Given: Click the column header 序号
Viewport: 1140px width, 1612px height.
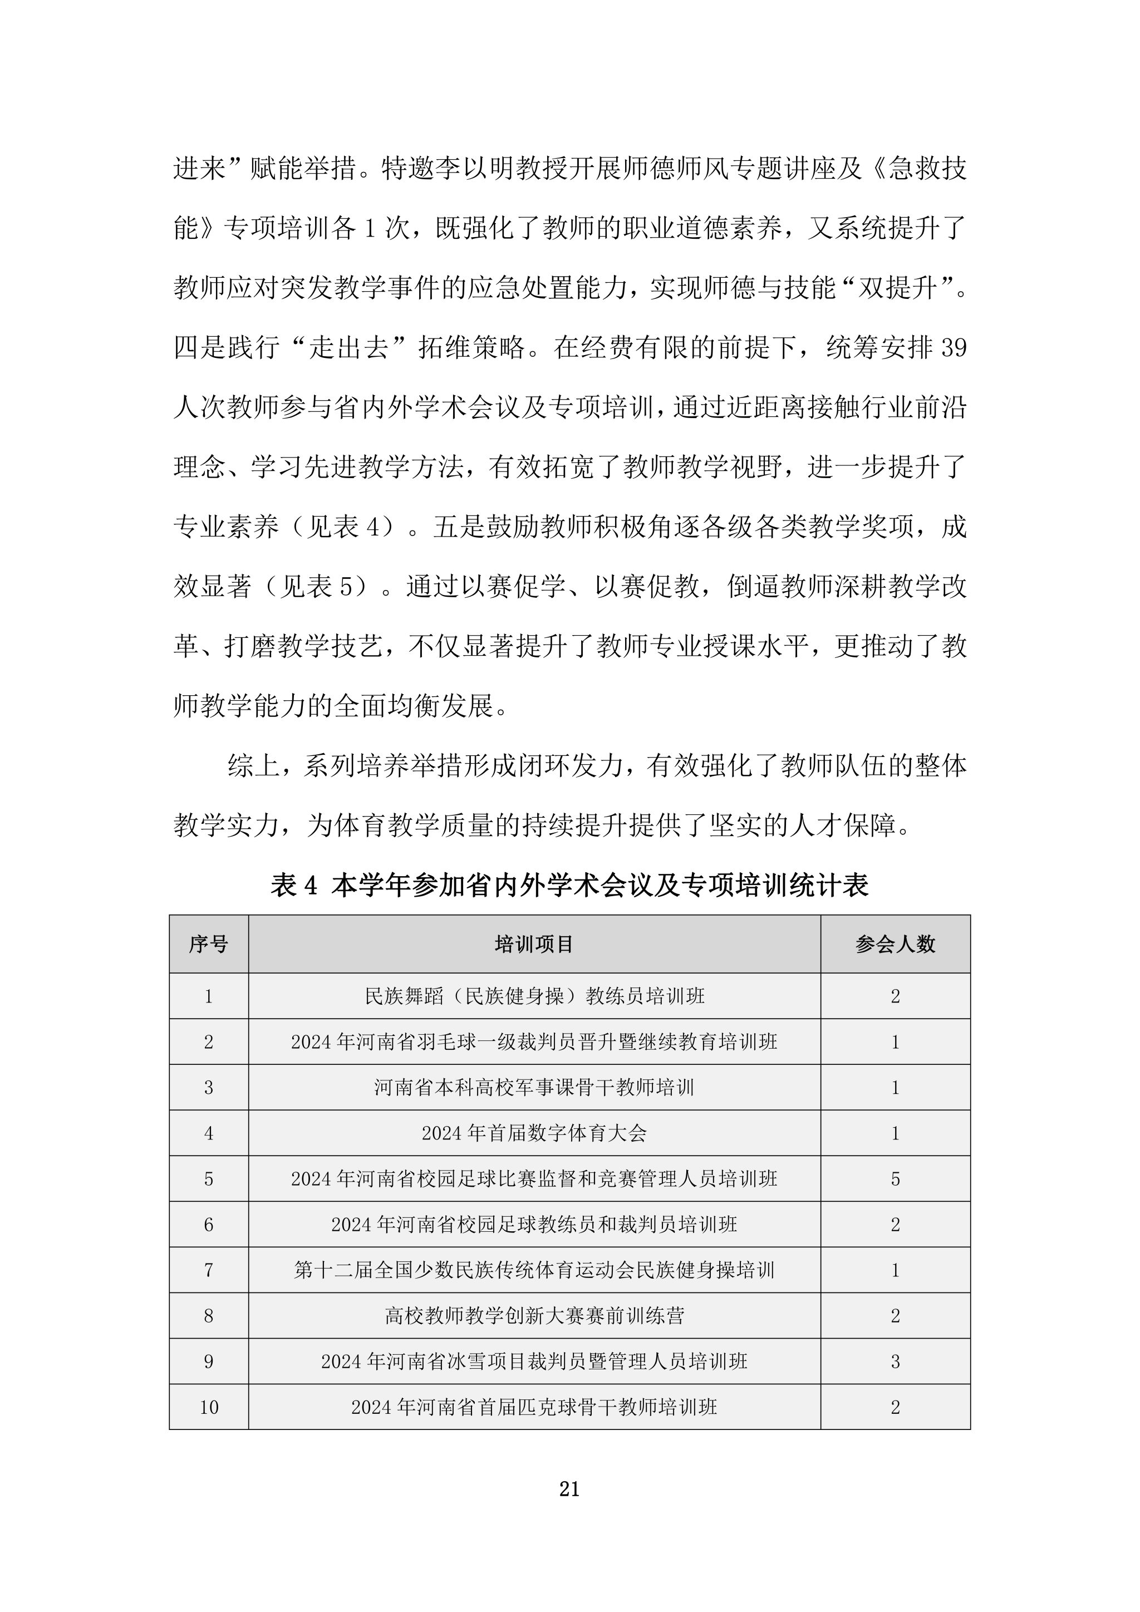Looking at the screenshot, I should [209, 944].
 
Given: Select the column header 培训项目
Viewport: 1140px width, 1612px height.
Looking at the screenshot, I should [534, 944].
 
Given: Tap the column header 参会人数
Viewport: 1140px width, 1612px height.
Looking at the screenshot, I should [895, 944].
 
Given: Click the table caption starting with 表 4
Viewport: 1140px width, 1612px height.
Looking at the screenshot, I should [569, 886].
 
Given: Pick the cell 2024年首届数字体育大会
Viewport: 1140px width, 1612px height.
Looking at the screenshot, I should [534, 1133].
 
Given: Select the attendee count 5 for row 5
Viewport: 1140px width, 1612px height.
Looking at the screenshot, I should [895, 1179].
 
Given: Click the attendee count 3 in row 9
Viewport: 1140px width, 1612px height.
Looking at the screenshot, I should [895, 1362].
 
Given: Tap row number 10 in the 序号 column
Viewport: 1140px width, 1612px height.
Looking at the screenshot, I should [209, 1407].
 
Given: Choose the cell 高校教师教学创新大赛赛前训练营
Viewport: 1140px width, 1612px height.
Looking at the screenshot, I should [534, 1316].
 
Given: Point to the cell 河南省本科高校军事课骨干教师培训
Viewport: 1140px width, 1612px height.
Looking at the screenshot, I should [534, 1088].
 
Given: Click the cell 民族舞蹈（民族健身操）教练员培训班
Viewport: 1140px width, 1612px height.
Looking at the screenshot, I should [534, 996].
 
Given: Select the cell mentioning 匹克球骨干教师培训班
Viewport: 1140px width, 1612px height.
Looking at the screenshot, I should [534, 1407].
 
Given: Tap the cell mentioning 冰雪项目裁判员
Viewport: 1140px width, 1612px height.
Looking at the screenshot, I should [534, 1362].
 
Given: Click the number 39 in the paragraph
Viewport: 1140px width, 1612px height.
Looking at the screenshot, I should [952, 348].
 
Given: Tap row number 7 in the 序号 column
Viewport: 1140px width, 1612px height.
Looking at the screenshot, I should [209, 1270].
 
